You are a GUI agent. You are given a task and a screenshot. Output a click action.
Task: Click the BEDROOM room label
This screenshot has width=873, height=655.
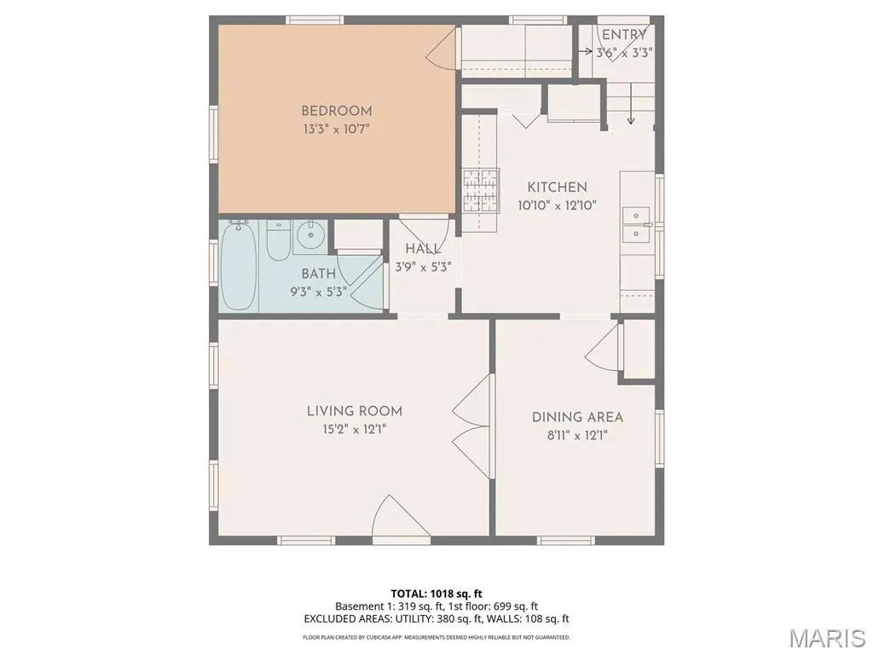tap(336, 111)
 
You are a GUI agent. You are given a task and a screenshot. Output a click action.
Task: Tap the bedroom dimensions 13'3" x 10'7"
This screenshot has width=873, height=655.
tap(336, 130)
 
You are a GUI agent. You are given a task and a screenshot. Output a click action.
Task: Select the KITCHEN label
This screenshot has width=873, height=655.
tap(557, 187)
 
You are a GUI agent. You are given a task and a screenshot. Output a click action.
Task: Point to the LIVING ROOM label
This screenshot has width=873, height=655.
tap(354, 411)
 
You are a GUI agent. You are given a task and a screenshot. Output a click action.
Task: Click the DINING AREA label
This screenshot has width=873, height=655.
tap(577, 417)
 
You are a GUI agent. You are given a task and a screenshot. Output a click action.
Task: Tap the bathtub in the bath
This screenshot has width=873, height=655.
tap(239, 265)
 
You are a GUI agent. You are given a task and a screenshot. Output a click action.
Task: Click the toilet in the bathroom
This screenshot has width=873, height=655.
tap(278, 240)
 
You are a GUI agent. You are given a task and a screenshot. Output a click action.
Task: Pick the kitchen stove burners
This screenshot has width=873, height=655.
tap(481, 190)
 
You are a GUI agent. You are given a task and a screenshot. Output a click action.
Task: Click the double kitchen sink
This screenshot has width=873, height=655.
tap(636, 225)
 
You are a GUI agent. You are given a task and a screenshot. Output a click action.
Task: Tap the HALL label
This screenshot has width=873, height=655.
tap(423, 248)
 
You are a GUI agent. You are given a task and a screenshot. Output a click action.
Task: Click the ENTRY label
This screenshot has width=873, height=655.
tap(623, 34)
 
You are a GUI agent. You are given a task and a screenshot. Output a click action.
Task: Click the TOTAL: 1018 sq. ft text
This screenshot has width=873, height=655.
tap(432, 594)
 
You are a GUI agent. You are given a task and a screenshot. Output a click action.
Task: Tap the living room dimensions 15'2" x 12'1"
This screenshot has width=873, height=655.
tap(354, 430)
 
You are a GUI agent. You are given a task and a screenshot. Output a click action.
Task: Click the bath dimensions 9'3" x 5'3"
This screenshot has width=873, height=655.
tap(319, 292)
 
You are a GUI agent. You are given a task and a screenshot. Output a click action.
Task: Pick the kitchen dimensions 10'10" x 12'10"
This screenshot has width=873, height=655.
tap(557, 206)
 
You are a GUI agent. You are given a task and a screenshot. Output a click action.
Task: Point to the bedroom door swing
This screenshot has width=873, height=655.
tap(442, 49)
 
